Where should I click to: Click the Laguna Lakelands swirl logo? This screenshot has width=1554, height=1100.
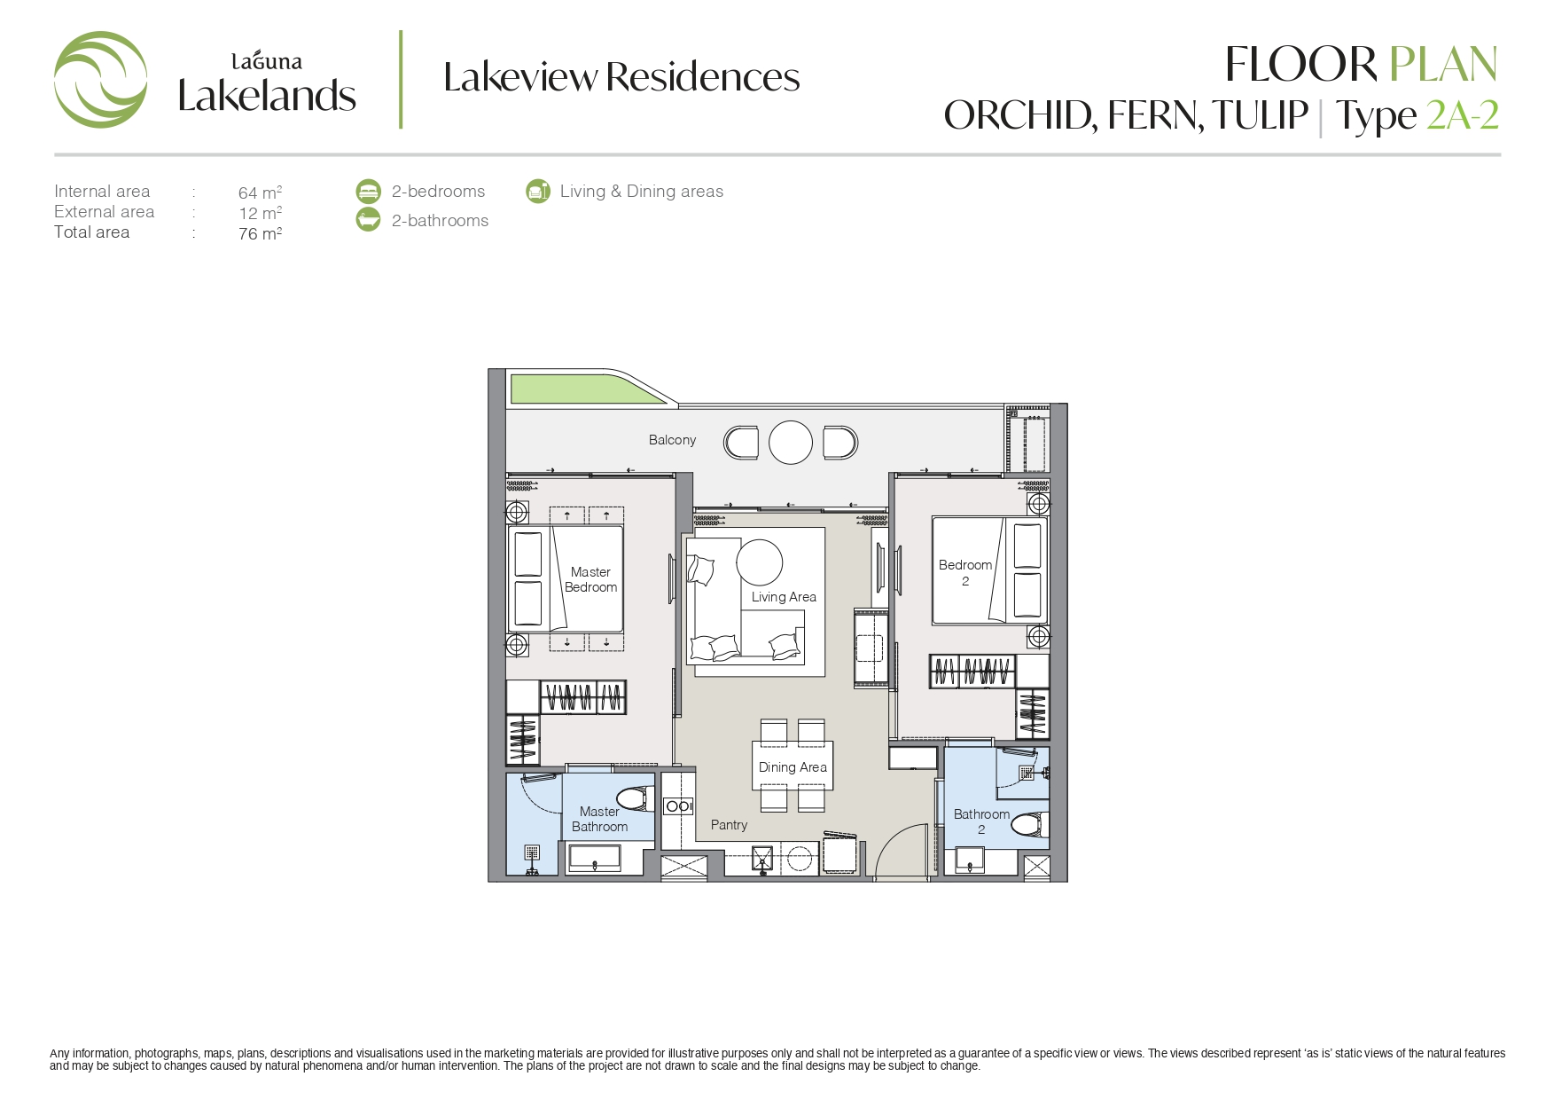[100, 80]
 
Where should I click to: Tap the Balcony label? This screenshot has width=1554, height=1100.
[672, 440]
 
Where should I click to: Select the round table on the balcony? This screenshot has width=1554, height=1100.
[791, 442]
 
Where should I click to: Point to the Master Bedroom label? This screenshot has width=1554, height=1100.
[591, 579]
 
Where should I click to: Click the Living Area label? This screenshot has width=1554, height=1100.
[784, 597]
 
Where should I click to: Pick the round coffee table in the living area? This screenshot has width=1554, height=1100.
[760, 562]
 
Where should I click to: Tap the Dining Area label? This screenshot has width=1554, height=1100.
[793, 767]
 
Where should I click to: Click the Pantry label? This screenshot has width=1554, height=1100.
[729, 825]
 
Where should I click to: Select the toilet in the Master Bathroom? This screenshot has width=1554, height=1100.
[636, 798]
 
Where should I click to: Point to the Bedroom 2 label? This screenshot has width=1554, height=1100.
[965, 572]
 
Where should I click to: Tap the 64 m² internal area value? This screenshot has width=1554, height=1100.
[260, 192]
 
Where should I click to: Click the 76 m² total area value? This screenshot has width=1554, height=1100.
[260, 233]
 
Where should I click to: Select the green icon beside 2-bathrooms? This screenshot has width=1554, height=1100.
[368, 220]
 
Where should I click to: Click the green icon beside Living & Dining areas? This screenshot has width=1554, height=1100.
[537, 191]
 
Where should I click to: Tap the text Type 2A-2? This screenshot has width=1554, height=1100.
[1417, 115]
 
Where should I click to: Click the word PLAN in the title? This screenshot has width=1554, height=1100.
[1443, 64]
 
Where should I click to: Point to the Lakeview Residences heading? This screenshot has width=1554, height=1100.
[621, 77]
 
